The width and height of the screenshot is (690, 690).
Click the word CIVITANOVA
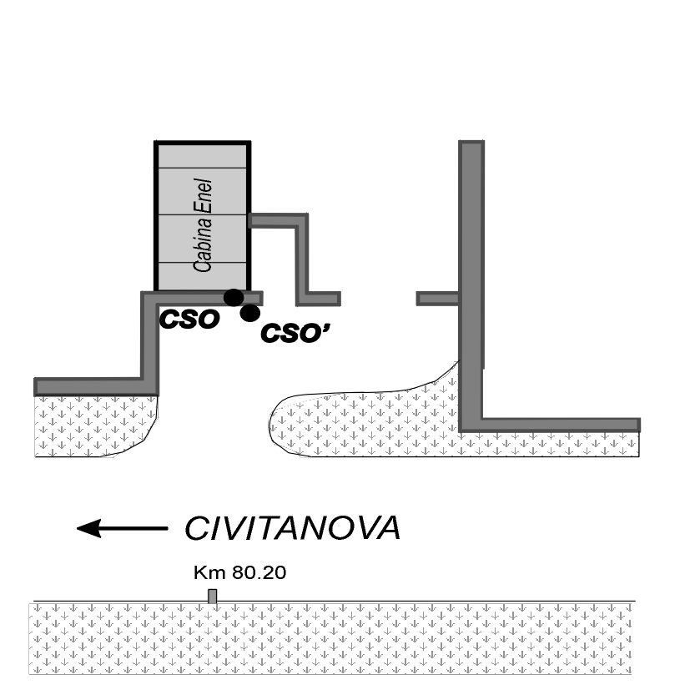[292, 527]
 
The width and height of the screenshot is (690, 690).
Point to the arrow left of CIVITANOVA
[123, 528]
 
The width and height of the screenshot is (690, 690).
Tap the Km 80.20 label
[239, 572]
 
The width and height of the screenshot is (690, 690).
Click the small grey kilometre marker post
[213, 597]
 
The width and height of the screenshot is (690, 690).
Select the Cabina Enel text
[203, 225]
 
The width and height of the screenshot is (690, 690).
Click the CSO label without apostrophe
[189, 319]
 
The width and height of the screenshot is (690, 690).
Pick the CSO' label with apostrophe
[295, 333]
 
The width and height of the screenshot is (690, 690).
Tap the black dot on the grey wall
[234, 298]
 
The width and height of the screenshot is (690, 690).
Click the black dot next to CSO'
[250, 313]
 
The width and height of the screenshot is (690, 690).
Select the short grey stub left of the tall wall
[438, 299]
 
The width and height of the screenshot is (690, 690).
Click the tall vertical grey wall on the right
[471, 286]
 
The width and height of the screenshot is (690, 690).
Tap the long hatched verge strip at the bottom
[330, 638]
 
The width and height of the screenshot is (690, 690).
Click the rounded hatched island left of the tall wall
[365, 422]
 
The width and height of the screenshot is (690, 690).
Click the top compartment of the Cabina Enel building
[203, 156]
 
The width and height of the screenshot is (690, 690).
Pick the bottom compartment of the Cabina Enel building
[203, 276]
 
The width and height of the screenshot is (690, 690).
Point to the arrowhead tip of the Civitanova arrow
[77, 528]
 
